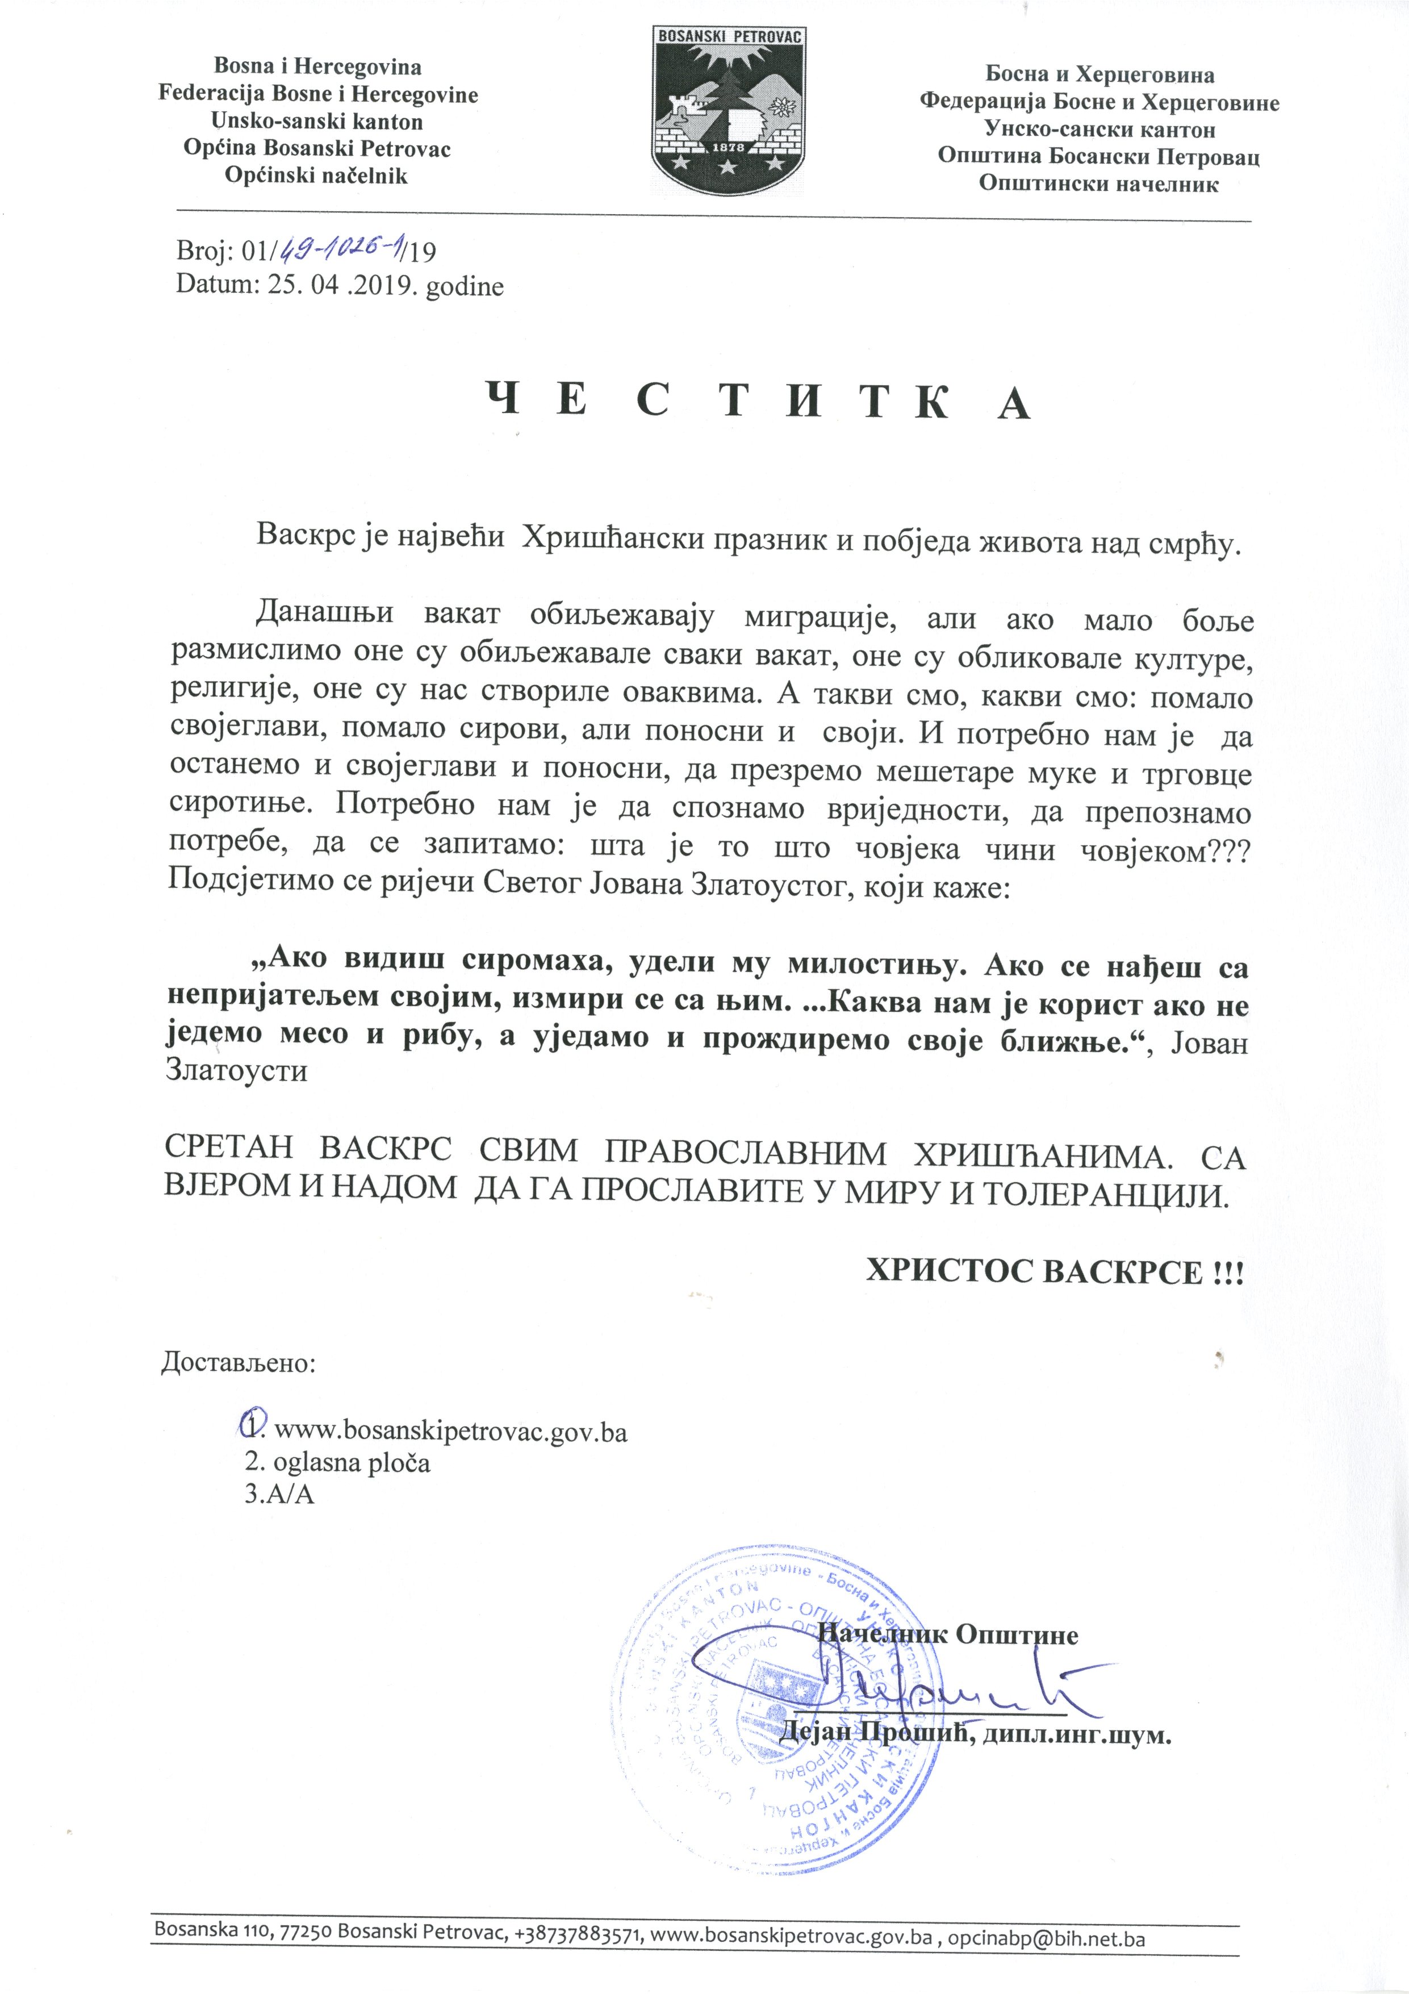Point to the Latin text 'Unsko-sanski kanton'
coord(317,122)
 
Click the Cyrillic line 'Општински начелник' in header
coord(1098,184)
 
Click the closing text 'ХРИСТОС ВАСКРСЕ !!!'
coord(1054,1273)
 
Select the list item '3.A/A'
coord(279,1495)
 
